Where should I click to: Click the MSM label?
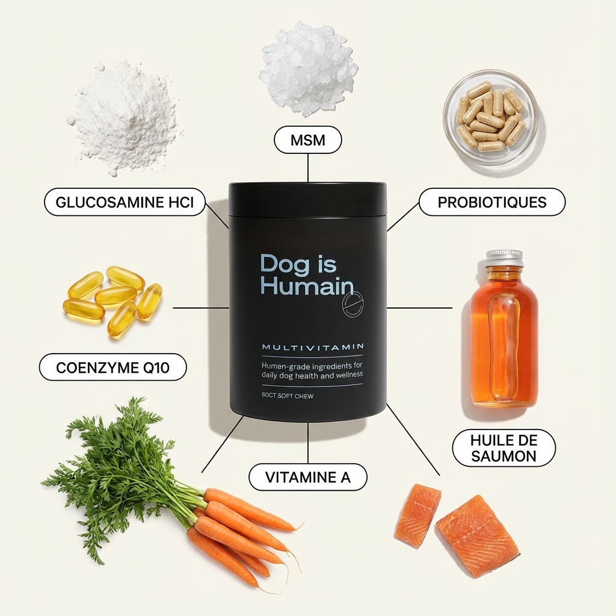[307, 141]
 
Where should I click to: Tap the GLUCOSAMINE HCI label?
[125, 202]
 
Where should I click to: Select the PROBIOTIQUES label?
[491, 202]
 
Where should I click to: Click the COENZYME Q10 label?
[112, 367]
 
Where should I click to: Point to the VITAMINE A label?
[307, 477]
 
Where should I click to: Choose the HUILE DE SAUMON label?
[504, 448]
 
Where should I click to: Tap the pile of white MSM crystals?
[307, 66]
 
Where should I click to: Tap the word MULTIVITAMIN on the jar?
[312, 347]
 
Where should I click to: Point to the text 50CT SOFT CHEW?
[288, 396]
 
